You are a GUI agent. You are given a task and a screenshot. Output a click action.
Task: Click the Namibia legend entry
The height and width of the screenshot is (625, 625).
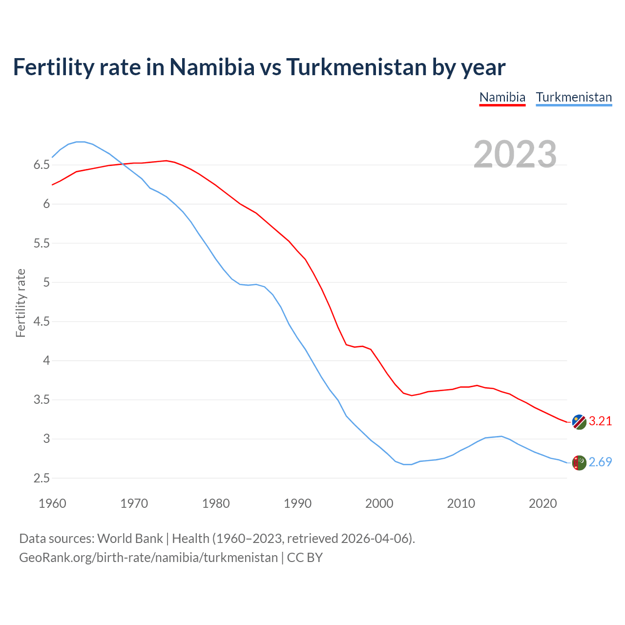[502, 97]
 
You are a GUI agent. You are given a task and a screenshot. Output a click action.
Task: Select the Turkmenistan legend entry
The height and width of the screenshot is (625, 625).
[574, 97]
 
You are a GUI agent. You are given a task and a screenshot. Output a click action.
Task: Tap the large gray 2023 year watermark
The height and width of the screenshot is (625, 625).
[515, 154]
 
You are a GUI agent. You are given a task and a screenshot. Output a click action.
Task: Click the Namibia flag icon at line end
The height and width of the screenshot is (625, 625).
[579, 422]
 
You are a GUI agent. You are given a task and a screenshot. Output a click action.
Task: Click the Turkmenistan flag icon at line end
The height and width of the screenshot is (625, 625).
[579, 462]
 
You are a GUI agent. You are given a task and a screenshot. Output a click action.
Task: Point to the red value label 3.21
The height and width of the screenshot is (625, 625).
[600, 421]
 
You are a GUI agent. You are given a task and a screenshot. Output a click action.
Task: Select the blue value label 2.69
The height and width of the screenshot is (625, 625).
[600, 462]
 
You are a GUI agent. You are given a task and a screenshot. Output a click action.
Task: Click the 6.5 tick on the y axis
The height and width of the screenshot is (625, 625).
[42, 165]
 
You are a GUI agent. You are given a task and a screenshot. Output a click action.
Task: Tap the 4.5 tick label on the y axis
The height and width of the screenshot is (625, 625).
[42, 321]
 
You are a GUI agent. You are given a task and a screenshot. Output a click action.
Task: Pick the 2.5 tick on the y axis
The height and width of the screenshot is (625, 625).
[42, 478]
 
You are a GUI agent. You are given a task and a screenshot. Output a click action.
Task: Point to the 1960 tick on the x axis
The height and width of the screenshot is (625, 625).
[52, 503]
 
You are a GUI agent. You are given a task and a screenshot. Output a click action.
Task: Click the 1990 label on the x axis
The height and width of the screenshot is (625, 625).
[297, 503]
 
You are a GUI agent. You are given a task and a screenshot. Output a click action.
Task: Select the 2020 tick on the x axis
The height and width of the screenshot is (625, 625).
[542, 503]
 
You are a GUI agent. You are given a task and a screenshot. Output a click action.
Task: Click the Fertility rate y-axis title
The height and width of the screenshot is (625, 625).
[21, 303]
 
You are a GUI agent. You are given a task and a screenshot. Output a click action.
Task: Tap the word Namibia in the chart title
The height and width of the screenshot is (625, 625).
[212, 67]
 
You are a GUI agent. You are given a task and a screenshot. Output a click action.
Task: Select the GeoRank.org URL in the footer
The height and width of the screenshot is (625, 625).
[148, 558]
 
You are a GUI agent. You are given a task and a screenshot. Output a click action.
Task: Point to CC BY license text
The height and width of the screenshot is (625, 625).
[305, 558]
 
